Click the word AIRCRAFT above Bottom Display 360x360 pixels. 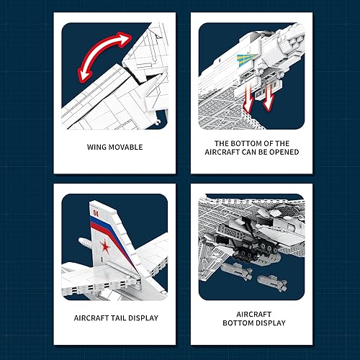(x=254, y=312)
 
